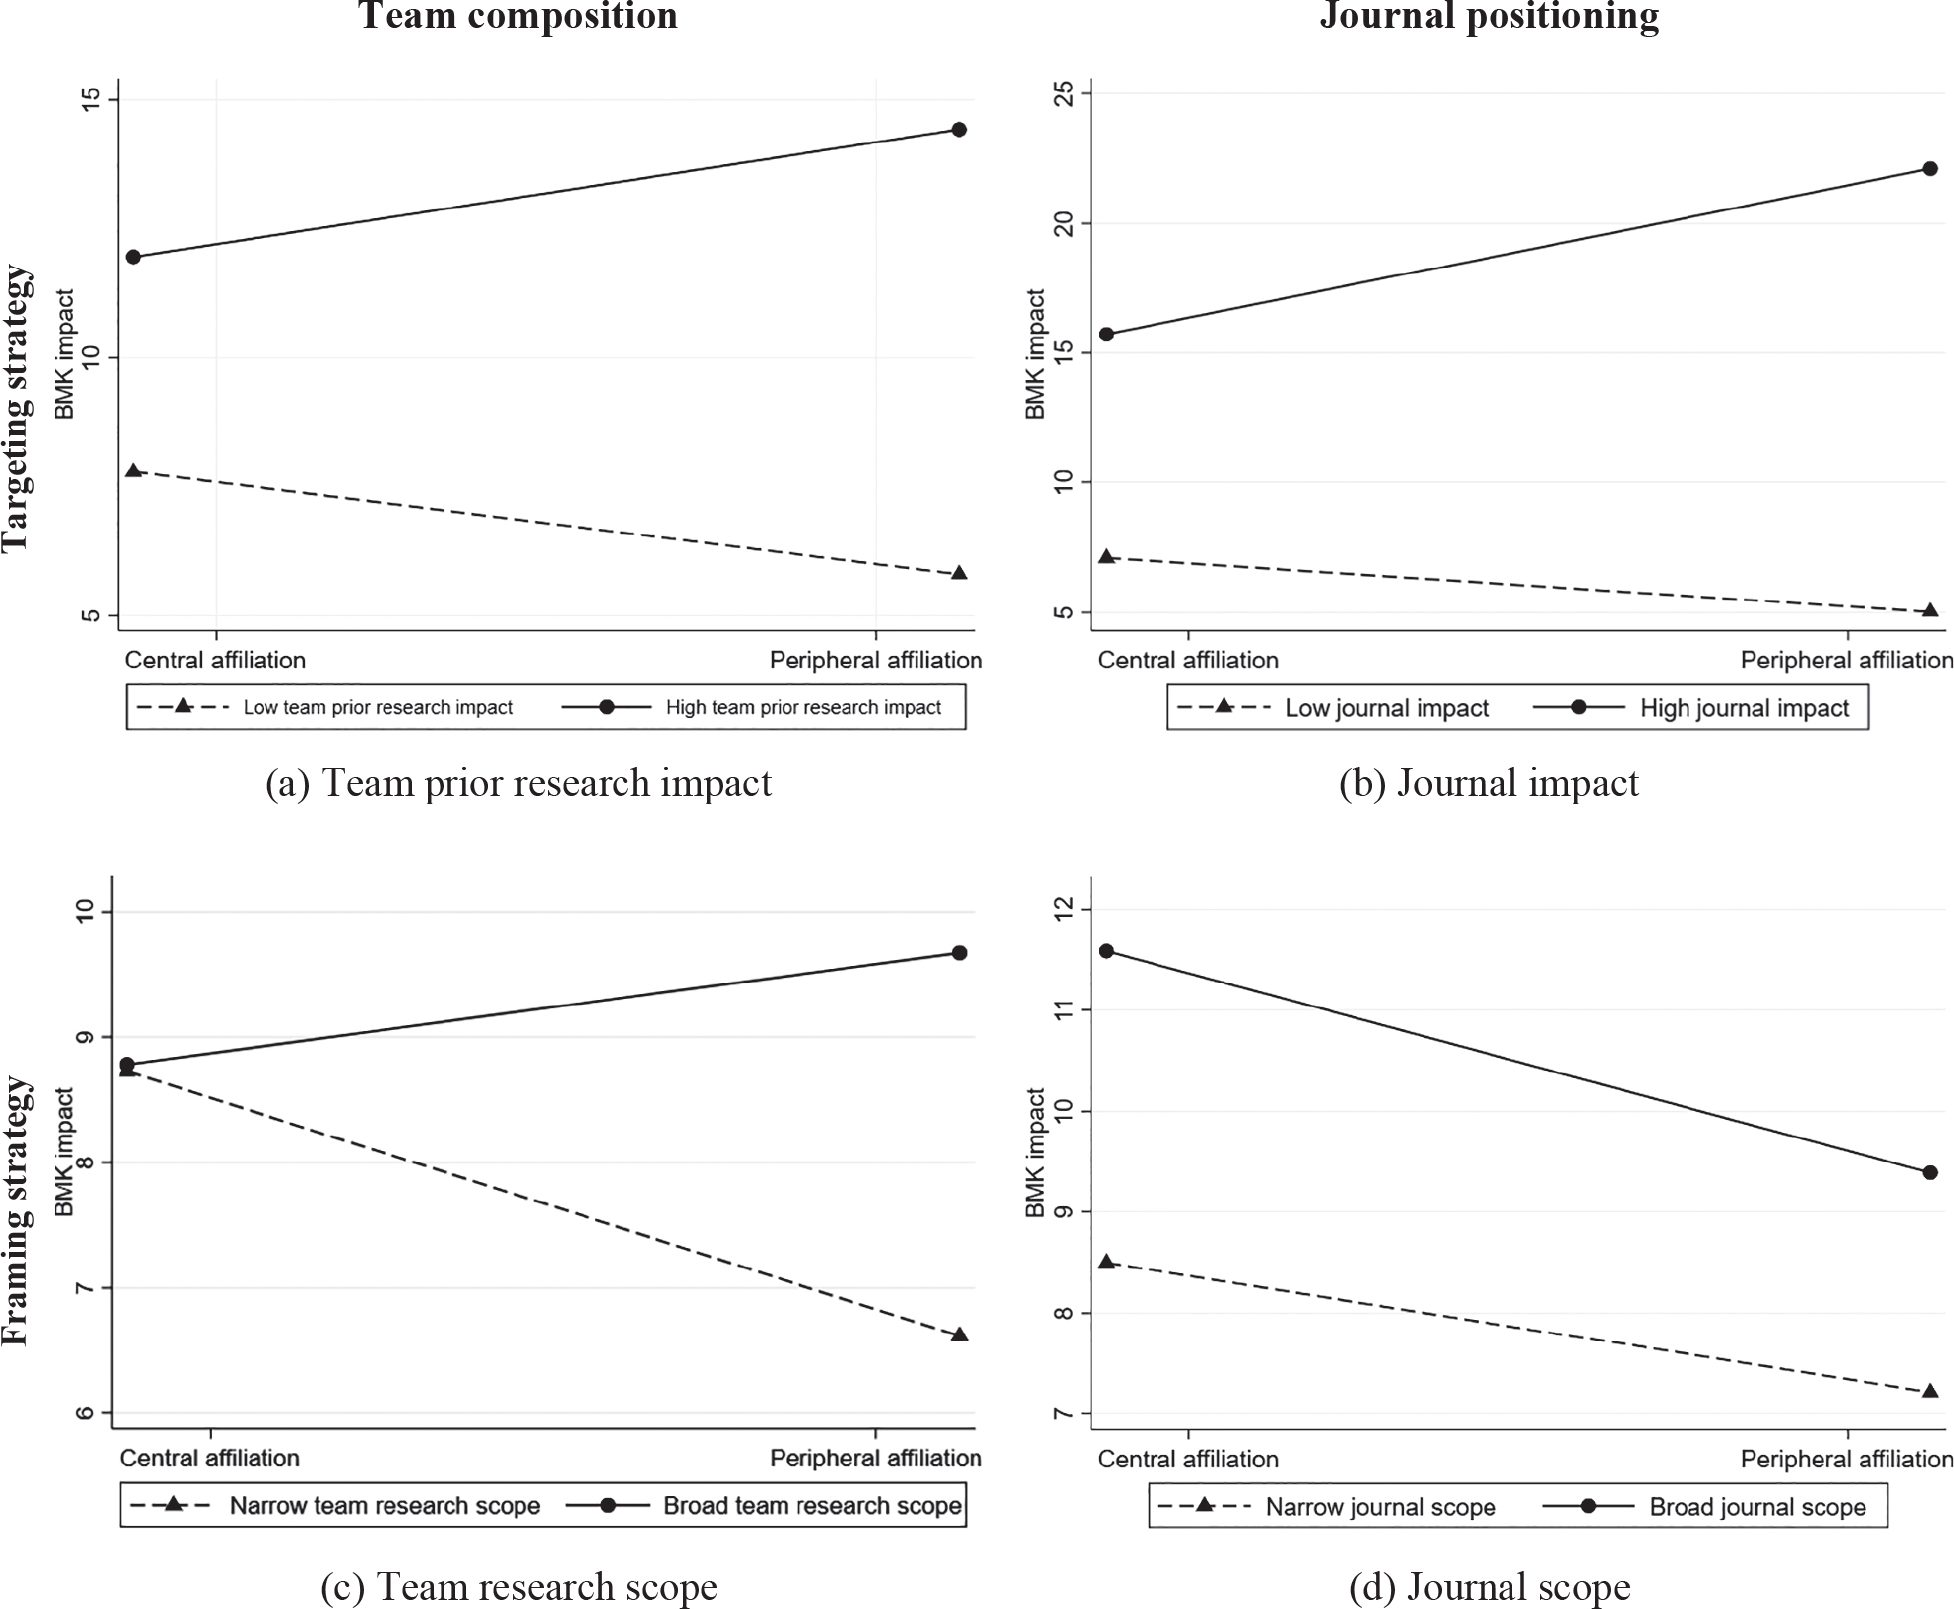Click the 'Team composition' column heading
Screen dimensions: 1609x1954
[518, 16]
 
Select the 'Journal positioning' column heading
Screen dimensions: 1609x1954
[1489, 16]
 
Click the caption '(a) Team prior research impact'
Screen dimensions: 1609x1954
[518, 783]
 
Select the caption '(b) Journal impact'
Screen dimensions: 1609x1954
[1489, 783]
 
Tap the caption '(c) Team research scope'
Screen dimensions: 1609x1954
[518, 1586]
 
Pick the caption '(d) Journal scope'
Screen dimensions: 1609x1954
[1489, 1586]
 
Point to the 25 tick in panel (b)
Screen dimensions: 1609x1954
[1065, 93]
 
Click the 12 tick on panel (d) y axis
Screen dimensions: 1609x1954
[1065, 909]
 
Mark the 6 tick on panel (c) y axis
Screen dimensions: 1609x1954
[87, 1413]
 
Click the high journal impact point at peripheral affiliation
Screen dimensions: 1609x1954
[1930, 169]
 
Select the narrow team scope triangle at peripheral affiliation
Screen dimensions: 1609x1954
[959, 1335]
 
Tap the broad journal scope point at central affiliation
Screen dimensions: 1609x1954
[1106, 951]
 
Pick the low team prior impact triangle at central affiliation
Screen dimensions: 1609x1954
[133, 471]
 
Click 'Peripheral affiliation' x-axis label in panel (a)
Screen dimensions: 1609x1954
[875, 660]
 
